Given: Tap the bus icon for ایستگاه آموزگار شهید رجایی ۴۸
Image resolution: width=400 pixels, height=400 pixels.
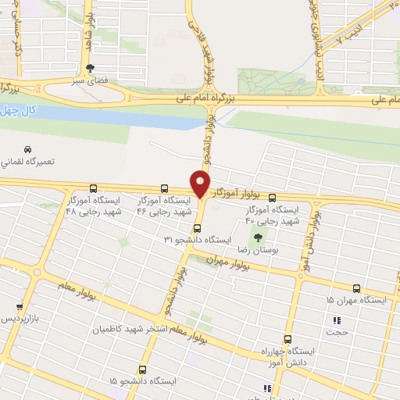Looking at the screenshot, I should [94, 188].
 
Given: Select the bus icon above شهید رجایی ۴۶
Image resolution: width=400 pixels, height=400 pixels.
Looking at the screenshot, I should [164, 188].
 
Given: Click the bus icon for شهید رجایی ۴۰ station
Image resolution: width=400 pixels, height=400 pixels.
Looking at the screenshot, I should [272, 198].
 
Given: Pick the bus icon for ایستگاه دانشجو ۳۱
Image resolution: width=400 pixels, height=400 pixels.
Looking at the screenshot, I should [196, 228].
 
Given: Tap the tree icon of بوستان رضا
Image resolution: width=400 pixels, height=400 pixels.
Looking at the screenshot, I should [258, 237].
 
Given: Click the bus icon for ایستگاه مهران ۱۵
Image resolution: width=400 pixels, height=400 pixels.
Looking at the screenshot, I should [357, 288].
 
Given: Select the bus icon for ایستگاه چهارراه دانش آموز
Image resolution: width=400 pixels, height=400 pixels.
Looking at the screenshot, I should [287, 340].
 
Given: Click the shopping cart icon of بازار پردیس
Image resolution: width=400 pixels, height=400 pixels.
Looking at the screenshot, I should [20, 307].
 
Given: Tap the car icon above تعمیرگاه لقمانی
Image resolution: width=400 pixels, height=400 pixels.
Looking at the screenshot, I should [27, 148].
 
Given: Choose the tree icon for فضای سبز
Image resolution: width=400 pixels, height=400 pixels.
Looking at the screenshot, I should [91, 68].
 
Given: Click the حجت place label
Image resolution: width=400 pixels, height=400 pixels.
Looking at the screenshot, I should [337, 331].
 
